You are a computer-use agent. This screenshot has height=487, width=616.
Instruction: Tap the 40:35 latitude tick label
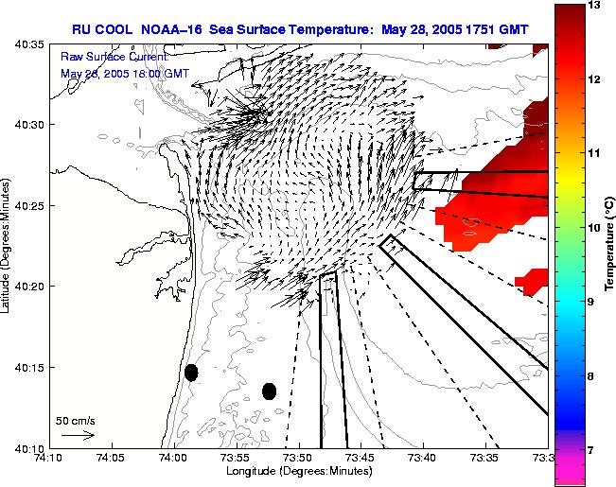[x=30, y=44]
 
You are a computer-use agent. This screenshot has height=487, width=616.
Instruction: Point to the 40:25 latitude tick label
[x=30, y=205]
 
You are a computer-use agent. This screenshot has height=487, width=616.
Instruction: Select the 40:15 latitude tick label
[x=30, y=367]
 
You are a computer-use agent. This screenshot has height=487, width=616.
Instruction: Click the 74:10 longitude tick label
[x=48, y=458]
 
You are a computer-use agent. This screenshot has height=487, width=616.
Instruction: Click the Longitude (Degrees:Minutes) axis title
[x=297, y=472]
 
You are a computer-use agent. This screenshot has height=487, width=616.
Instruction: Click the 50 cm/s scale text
[x=76, y=420]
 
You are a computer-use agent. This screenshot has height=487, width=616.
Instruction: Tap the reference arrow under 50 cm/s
[x=78, y=435]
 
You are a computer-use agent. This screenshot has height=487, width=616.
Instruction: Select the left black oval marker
[x=191, y=373]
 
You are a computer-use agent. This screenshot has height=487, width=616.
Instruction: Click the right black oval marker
[x=269, y=391]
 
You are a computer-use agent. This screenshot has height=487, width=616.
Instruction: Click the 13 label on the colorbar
[x=595, y=7]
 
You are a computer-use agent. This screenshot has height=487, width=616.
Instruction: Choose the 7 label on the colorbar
[x=592, y=450]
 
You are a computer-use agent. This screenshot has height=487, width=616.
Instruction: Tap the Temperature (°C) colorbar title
[x=610, y=244]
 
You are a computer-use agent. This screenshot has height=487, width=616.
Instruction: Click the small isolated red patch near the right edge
[x=531, y=279]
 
